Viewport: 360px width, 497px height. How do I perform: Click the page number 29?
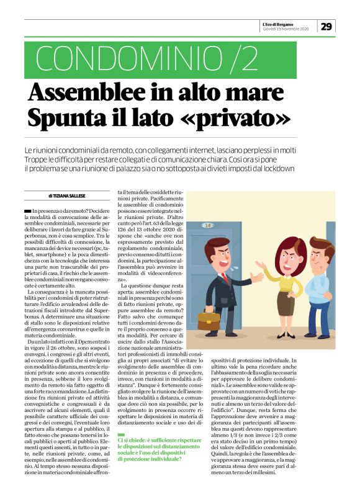click(x=327, y=26)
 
